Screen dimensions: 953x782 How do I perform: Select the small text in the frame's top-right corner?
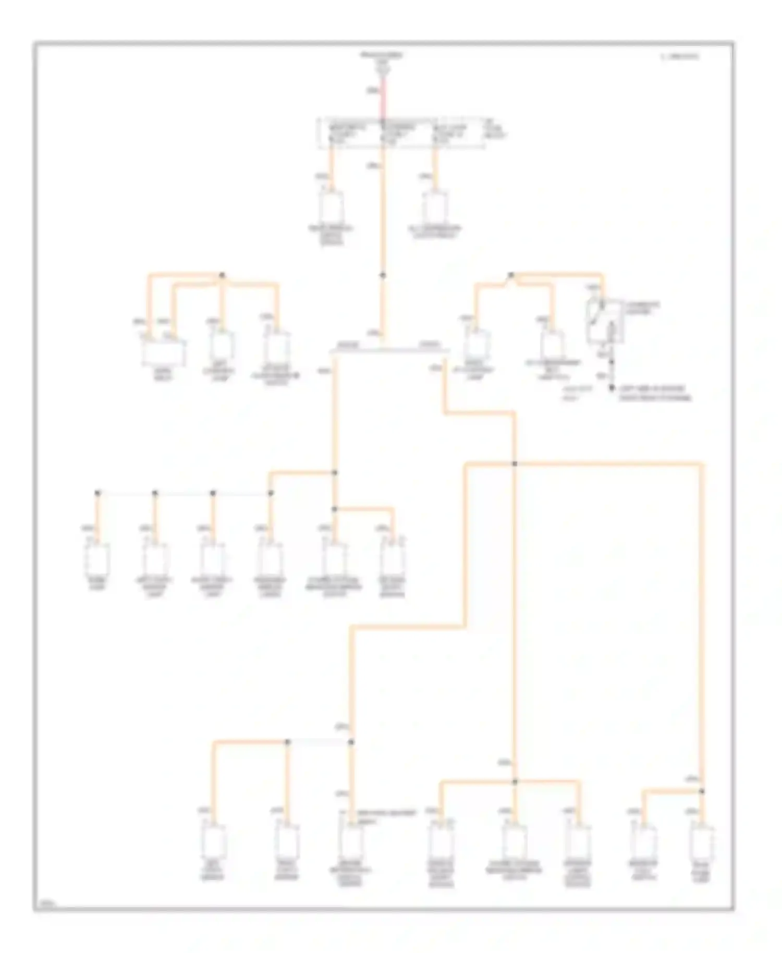pos(679,56)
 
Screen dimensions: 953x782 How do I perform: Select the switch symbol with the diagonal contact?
pos(600,323)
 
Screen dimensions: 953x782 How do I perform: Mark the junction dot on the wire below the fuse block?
pos(383,275)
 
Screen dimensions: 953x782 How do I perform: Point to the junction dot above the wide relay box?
pos(222,275)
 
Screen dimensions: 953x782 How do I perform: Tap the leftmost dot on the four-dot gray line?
pos(97,493)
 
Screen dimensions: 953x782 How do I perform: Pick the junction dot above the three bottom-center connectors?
pos(515,781)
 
